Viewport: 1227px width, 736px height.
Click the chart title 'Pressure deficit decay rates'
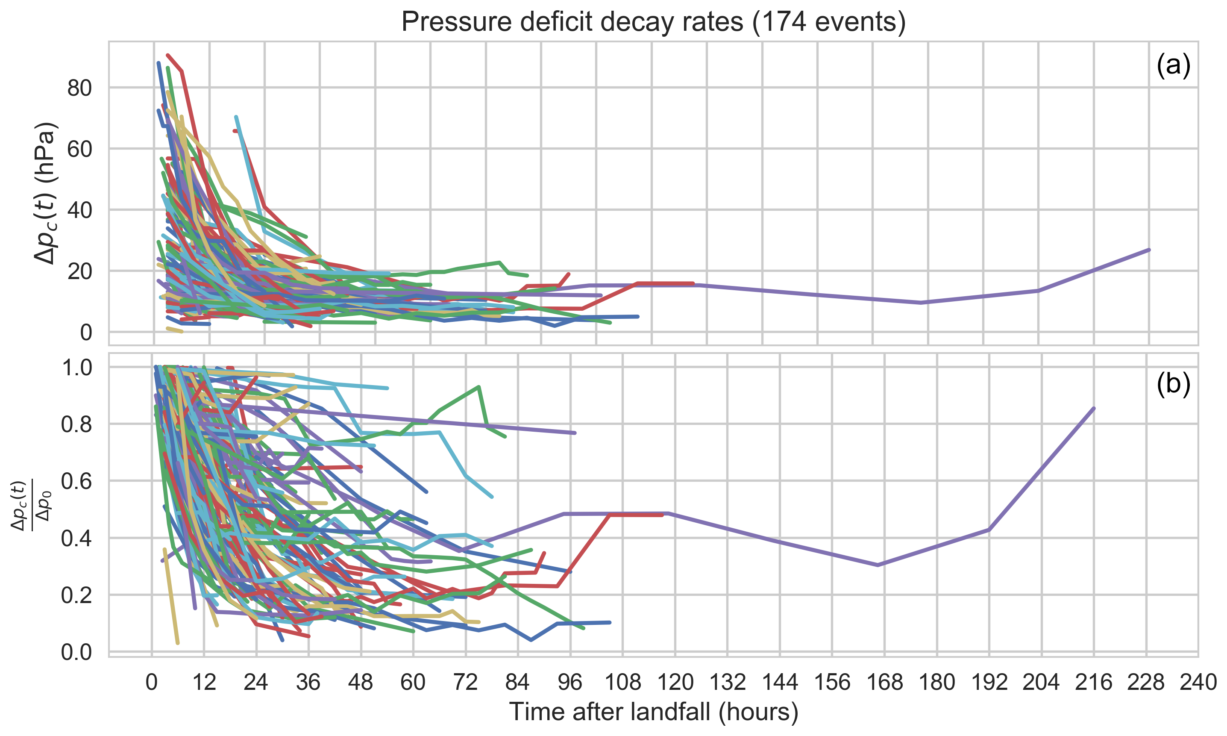pos(653,22)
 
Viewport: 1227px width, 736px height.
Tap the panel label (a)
pos(1173,65)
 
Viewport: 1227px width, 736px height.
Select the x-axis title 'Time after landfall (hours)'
pos(653,712)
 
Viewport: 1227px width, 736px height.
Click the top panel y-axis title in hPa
pos(45,194)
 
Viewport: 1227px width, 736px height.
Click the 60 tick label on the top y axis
pos(79,149)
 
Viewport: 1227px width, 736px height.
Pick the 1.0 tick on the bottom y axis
pos(76,368)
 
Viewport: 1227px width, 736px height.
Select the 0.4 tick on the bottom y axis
pos(76,538)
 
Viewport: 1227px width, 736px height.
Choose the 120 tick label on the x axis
pos(675,683)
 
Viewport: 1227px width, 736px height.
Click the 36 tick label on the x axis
pos(308,683)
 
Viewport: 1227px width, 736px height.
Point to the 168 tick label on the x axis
pos(884,683)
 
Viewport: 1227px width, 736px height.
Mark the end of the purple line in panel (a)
pos(1149,250)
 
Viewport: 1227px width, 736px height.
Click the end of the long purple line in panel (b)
pos(1094,408)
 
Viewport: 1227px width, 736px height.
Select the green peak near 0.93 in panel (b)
pos(479,386)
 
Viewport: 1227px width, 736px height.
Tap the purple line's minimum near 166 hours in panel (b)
pos(878,565)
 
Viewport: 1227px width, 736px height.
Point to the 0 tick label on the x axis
pos(151,683)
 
